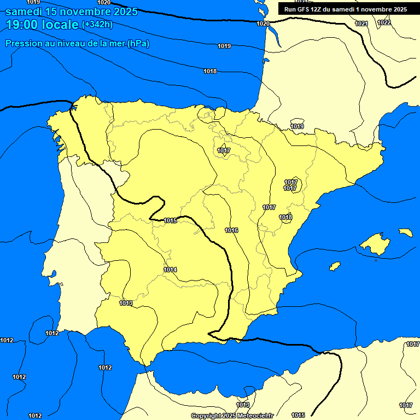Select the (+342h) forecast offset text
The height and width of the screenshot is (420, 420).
[97, 25]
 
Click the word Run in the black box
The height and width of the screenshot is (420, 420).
[289, 9]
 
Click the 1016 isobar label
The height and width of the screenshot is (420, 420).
[231, 231]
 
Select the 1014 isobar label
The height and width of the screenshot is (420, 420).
[170, 270]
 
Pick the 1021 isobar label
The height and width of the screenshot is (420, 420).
[361, 24]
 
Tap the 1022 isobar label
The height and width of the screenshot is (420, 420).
[384, 22]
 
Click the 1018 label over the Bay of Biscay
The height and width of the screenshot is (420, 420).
[210, 72]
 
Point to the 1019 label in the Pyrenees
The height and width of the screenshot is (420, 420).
[297, 127]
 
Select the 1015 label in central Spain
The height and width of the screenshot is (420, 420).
[170, 221]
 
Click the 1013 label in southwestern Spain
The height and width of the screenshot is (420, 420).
[126, 303]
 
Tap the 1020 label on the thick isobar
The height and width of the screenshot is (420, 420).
[263, 24]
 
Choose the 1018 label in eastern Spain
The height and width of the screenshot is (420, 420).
[285, 218]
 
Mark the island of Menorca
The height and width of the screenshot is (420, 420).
[405, 232]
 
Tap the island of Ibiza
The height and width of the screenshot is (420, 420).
[335, 266]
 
